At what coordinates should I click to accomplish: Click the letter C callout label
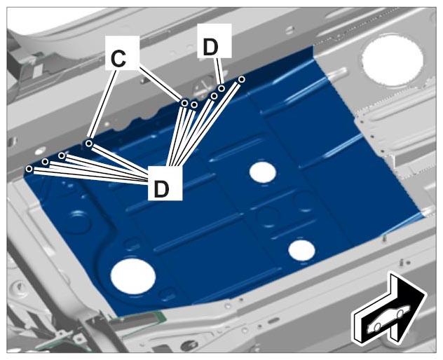click(x=122, y=53)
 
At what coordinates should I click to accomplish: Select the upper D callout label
click(x=214, y=41)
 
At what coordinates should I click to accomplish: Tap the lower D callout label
click(x=165, y=184)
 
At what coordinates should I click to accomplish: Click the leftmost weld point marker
click(x=29, y=169)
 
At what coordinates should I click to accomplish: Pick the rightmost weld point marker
click(x=241, y=79)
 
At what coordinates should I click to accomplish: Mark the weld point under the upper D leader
click(x=221, y=88)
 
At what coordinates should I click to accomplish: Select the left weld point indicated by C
click(x=89, y=144)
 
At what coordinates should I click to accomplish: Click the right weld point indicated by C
click(x=184, y=104)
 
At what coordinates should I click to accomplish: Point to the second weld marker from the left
click(x=45, y=162)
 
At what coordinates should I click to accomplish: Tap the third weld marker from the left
click(x=62, y=155)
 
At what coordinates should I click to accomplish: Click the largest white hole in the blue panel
click(x=133, y=276)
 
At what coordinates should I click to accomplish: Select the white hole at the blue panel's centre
click(x=263, y=172)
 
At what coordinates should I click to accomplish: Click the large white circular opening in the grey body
click(x=392, y=60)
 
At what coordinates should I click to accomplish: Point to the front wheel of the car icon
click(x=400, y=313)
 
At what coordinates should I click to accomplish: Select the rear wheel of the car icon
click(x=377, y=327)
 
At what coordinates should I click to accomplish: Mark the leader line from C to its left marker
click(x=102, y=106)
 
